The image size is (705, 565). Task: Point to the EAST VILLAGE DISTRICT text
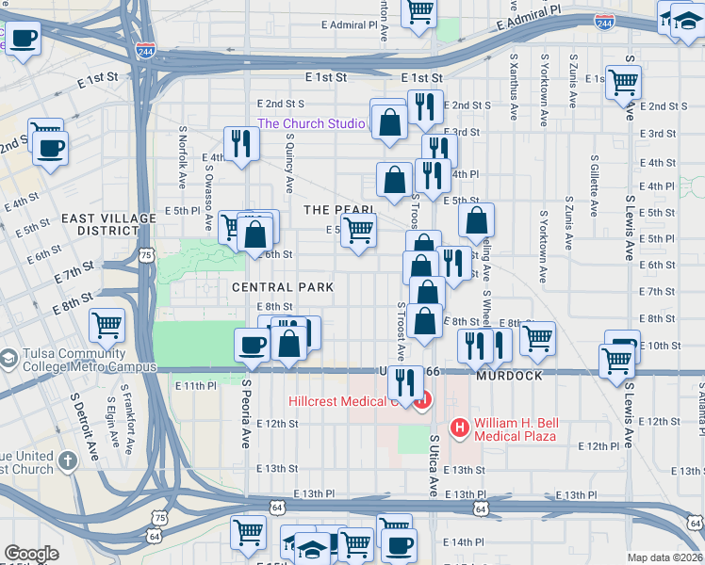coord(108,224)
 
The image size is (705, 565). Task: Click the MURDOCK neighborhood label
coord(509,376)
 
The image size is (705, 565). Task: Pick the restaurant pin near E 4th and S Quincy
coord(241,144)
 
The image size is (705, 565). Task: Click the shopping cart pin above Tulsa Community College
coord(107,326)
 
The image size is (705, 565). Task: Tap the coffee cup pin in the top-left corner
coord(23,40)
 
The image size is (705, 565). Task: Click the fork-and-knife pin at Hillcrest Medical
coord(405,381)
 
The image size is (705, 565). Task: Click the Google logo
coord(31,554)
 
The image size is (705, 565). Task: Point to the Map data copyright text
coord(664,557)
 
